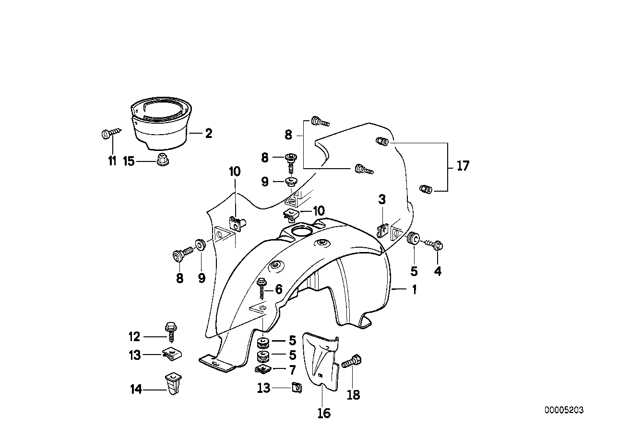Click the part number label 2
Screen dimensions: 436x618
click(208, 134)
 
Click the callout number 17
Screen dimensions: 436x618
click(463, 166)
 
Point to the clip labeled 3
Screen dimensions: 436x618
click(383, 230)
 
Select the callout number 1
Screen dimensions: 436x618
click(413, 290)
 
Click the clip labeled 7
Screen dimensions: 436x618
click(262, 369)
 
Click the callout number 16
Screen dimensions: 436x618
click(324, 413)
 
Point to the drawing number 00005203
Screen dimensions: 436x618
click(564, 410)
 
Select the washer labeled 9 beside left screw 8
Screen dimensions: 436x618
click(200, 244)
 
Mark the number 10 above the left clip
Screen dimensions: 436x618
click(235, 171)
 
